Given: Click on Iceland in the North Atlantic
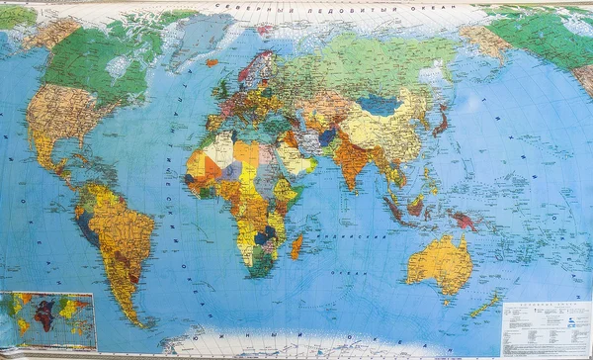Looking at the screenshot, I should (x=212, y=62).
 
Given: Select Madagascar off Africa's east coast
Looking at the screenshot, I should (x=296, y=245).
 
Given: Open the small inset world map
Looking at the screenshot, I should (x=47, y=320).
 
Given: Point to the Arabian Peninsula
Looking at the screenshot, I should (x=297, y=157).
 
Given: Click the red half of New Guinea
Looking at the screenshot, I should (x=464, y=223).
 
